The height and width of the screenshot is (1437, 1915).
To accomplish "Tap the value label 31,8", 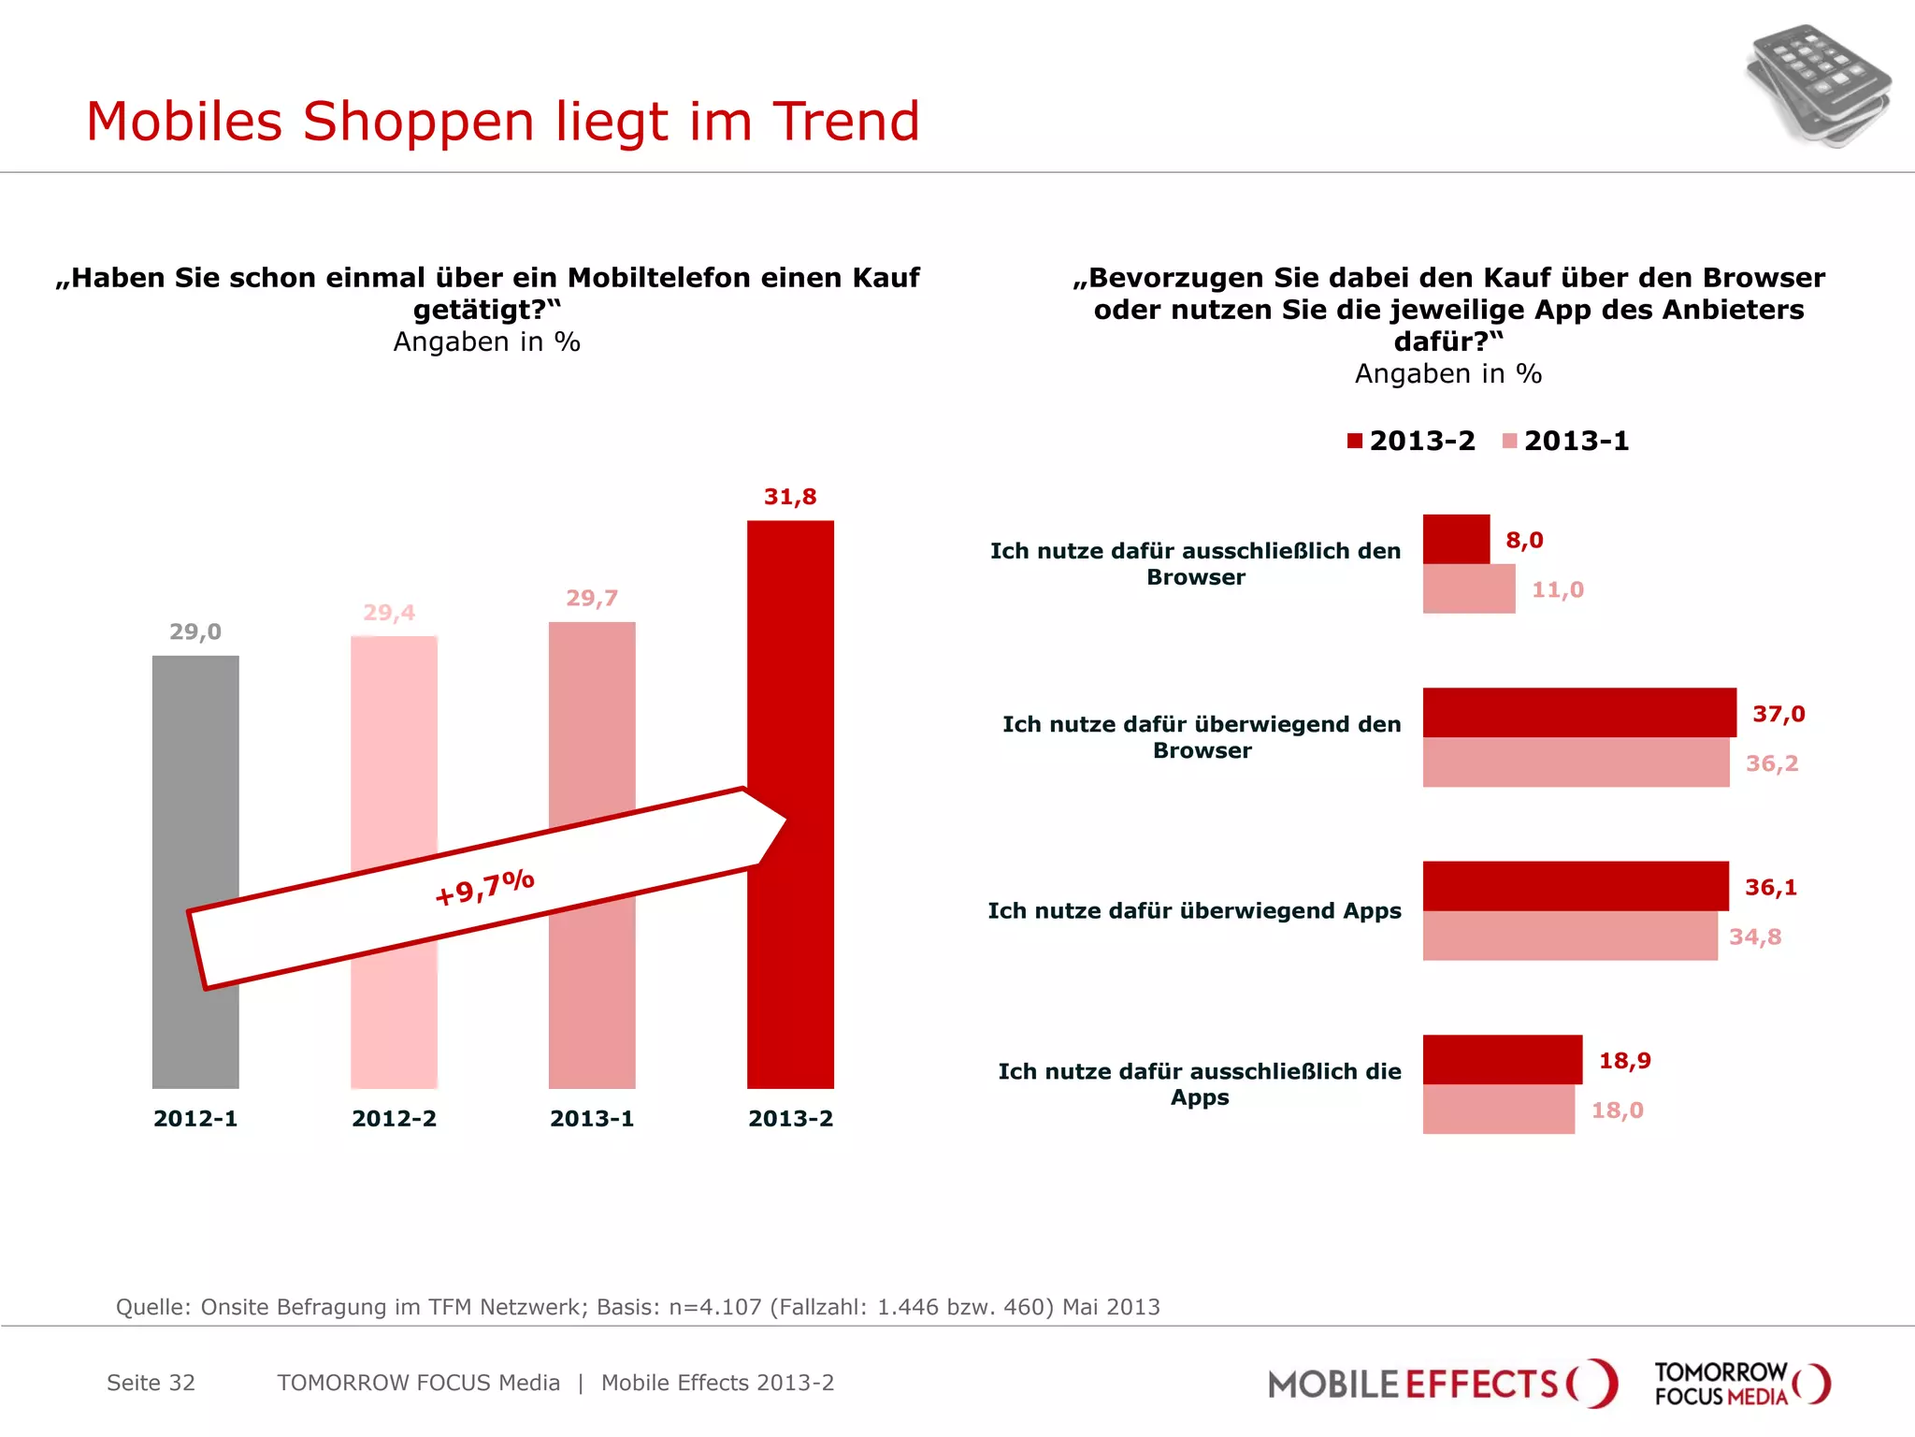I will (790, 497).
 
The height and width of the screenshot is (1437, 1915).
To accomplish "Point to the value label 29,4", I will (389, 613).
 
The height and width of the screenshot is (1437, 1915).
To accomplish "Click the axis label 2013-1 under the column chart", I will (592, 1119).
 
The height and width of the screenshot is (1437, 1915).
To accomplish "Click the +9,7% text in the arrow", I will (484, 887).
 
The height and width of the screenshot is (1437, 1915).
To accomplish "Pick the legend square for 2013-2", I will (1355, 441).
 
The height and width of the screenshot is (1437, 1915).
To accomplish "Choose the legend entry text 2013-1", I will (1577, 441).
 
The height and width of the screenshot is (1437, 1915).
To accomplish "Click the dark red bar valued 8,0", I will (1456, 539).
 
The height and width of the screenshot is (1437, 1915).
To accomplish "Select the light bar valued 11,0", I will (1468, 588).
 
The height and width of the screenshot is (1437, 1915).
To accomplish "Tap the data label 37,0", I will (1778, 714).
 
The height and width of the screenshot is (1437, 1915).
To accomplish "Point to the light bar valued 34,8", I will (1569, 936).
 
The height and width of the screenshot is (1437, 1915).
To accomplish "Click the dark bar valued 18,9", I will (1502, 1059).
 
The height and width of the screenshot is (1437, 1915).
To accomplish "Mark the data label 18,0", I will (1617, 1110).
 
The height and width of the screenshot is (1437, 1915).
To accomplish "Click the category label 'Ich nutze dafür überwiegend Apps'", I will (1194, 911).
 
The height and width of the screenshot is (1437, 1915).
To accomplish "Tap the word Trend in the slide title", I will (846, 122).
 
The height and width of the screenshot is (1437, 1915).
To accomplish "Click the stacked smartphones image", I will (1817, 86).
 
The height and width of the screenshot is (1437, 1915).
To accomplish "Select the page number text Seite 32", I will (151, 1383).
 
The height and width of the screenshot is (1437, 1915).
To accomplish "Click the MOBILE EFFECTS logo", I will (1441, 1384).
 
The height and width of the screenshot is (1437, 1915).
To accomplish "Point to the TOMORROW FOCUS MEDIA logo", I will (1741, 1384).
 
